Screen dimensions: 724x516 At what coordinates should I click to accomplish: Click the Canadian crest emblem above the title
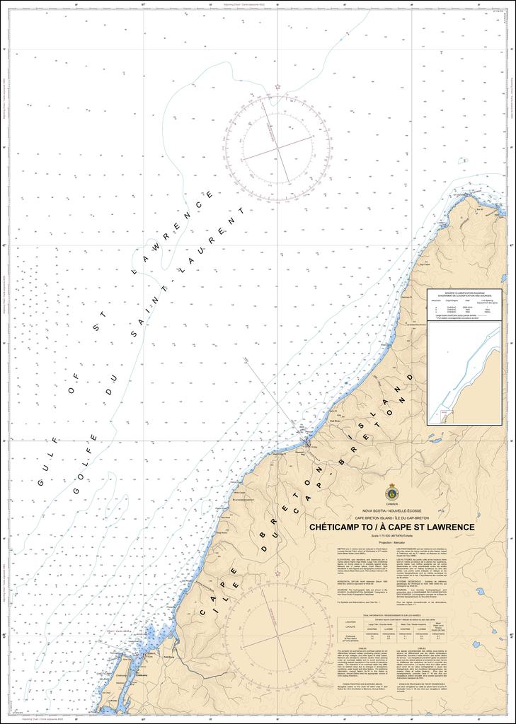(x=391, y=494)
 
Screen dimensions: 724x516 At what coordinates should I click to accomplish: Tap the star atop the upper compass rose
(x=278, y=86)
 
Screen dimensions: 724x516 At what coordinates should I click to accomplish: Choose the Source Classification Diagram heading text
(x=464, y=293)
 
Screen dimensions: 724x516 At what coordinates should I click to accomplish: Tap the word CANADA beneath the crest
(x=391, y=504)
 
